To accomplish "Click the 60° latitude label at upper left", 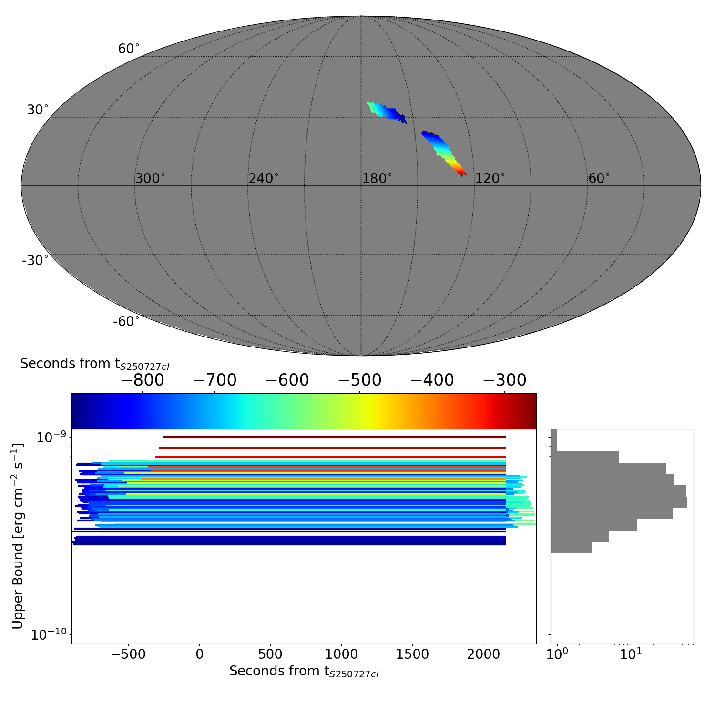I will point(129,49).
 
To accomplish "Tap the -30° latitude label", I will point(35,261).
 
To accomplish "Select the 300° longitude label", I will point(150,179).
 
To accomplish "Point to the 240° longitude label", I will point(263,179).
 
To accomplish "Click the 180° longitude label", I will point(377,179).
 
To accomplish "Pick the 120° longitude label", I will point(490,179).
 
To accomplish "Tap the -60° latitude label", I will point(126,322).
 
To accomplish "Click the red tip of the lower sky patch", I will point(461,172).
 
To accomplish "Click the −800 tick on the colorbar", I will point(142,380).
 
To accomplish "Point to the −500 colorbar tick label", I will point(359,380).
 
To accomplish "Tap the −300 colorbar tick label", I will point(504,380).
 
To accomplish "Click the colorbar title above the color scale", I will point(94,364).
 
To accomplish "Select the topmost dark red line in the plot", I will point(334,437).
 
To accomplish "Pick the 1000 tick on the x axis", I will point(341,654).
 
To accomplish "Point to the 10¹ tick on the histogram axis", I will point(631,654).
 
